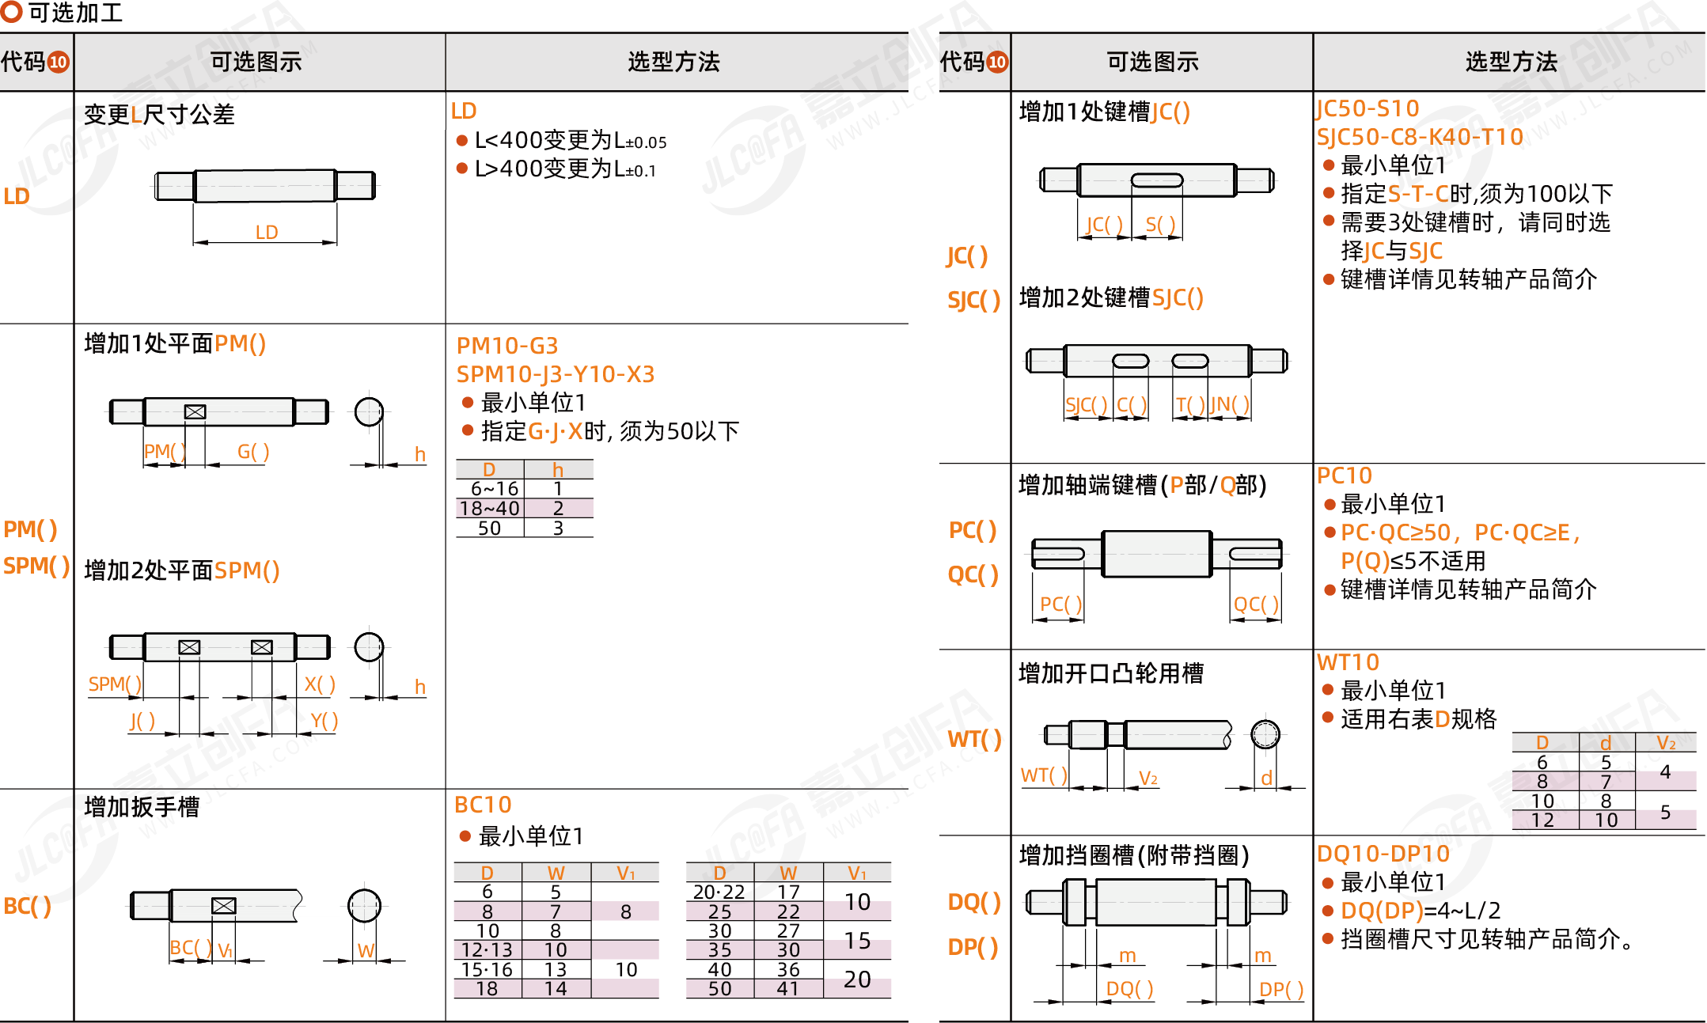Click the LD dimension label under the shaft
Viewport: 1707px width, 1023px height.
coord(267,232)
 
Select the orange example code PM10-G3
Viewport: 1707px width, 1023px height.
coord(507,346)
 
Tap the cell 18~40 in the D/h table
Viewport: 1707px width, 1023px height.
coord(490,508)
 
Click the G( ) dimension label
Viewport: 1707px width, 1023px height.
coord(253,451)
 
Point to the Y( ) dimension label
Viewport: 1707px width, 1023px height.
coord(324,720)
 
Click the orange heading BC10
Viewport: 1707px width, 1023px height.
coord(483,805)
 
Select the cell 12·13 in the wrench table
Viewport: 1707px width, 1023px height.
coord(487,949)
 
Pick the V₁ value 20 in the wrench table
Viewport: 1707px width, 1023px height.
coord(857,979)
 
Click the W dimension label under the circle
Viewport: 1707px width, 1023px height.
coord(366,950)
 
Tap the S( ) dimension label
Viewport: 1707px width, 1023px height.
coord(1160,225)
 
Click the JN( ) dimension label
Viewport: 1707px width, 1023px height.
coord(1230,404)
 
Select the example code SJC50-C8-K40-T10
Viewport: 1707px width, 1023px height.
coord(1420,137)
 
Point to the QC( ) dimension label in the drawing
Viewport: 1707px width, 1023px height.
coord(1256,604)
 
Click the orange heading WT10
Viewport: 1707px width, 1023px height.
coord(1348,662)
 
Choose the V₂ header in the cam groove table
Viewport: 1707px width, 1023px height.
coord(1666,743)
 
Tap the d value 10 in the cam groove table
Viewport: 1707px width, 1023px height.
coord(1606,820)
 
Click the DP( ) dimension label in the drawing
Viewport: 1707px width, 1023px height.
coord(1280,989)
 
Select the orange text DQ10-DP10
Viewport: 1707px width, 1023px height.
coord(1383,854)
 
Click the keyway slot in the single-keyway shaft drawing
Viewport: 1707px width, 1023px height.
coord(1157,180)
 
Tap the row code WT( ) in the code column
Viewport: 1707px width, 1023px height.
coord(974,739)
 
